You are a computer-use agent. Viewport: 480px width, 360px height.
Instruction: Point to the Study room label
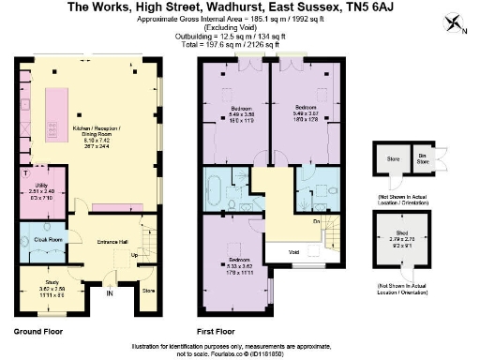[x=37, y=291]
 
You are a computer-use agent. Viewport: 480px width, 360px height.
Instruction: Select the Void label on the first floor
[x=293, y=252]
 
